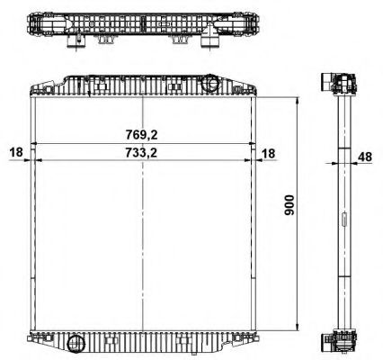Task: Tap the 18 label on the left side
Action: (x=15, y=153)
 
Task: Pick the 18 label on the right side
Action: (x=269, y=153)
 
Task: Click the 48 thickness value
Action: (x=364, y=157)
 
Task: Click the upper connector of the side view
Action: (x=339, y=83)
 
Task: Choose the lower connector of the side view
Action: (x=339, y=342)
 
